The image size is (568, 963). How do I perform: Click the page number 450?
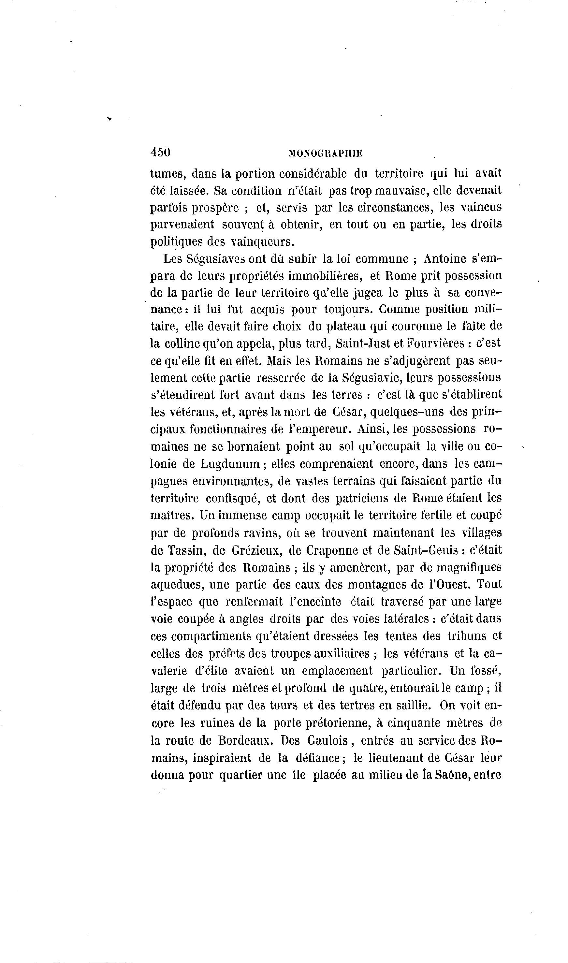[x=160, y=152]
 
